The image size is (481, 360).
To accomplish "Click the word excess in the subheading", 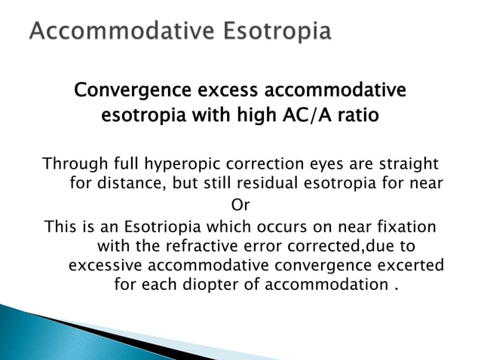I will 226,91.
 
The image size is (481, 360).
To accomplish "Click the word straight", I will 408,165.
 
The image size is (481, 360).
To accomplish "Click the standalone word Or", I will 240,205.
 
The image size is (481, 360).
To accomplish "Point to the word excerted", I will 406,265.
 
